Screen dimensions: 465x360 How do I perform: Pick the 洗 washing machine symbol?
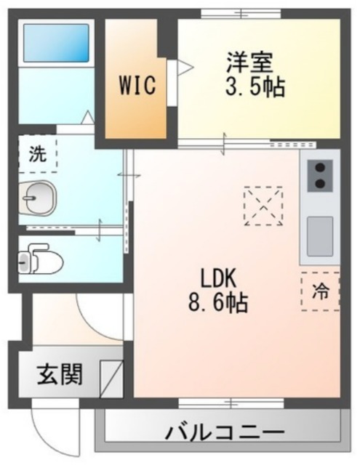[x=36, y=154]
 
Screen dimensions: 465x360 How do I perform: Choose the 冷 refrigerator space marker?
[x=320, y=291]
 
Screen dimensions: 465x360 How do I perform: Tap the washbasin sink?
[x=36, y=197]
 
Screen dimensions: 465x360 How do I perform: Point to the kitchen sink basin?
[x=319, y=236]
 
